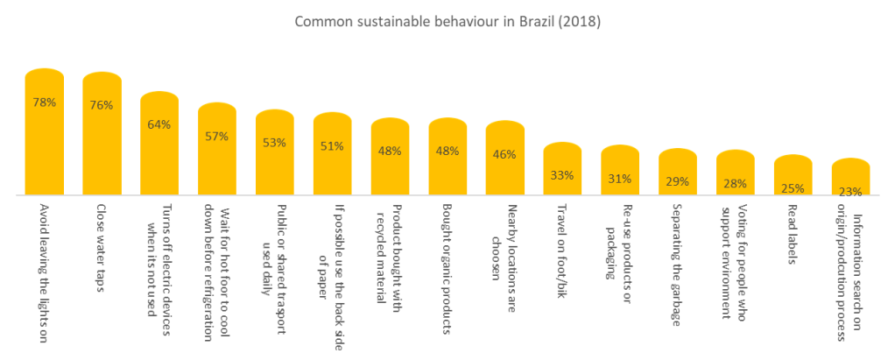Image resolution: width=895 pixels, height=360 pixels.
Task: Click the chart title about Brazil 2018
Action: coord(447,22)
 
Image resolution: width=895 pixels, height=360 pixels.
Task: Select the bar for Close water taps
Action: coord(102,140)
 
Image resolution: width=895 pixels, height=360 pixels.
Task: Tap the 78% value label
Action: coord(45,102)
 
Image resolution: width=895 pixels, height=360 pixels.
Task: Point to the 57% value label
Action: coord(217,136)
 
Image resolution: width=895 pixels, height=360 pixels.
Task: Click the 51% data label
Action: coord(332,146)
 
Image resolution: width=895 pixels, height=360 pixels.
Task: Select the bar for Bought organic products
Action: coord(447,166)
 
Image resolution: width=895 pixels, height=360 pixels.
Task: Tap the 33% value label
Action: coord(562,175)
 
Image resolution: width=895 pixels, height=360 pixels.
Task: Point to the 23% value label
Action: coord(850,190)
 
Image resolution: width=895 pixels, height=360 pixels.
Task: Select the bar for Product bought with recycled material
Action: coord(390,166)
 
